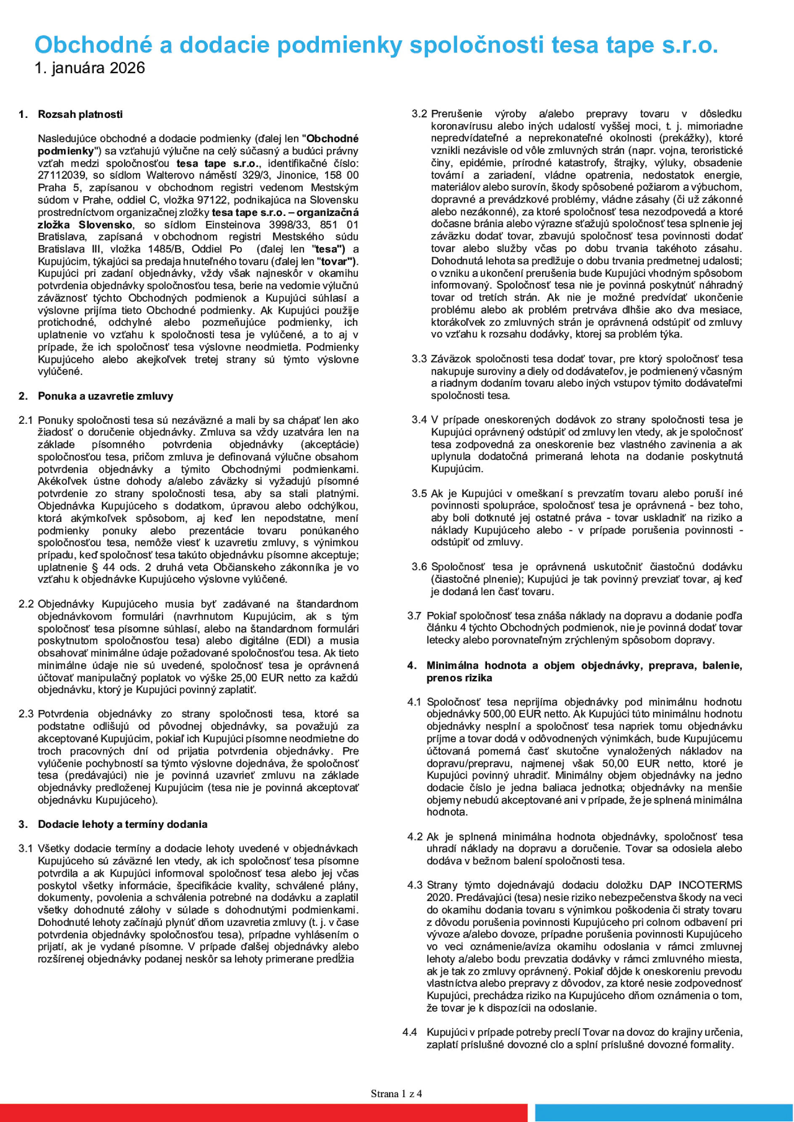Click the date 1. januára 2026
click(x=90, y=68)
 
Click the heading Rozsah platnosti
click(x=80, y=114)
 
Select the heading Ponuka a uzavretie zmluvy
click(x=105, y=396)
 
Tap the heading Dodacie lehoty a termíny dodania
click(x=122, y=824)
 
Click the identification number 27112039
click(x=59, y=175)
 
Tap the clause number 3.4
click(x=419, y=420)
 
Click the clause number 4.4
click(x=410, y=1032)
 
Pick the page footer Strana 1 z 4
click(x=396, y=1094)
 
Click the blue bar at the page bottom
click(x=664, y=1113)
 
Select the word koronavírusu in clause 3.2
click(x=455, y=126)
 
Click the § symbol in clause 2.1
click(x=95, y=568)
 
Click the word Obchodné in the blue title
click(x=93, y=45)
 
